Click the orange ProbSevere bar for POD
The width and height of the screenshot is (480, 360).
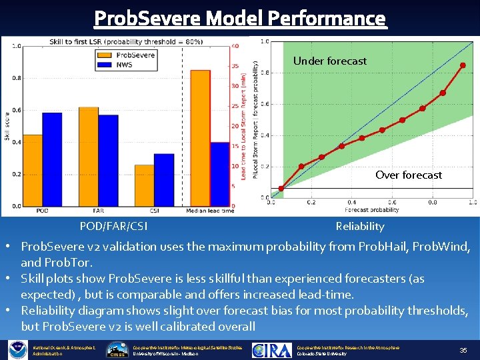click(33, 170)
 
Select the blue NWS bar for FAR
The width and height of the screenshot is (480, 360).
click(108, 160)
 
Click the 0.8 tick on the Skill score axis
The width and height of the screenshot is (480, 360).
click(16, 78)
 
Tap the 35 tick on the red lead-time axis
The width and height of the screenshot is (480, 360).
click(235, 66)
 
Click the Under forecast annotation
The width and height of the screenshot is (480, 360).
click(329, 61)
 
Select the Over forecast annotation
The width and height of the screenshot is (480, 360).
click(408, 175)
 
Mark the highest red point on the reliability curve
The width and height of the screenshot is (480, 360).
click(463, 65)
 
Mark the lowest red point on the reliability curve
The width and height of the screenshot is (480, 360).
click(281, 189)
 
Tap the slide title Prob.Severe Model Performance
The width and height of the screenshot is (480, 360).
click(240, 18)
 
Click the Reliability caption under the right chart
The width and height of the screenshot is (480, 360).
click(360, 227)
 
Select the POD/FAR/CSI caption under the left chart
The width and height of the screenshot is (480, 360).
click(113, 227)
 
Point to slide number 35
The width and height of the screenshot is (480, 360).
click(463, 350)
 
